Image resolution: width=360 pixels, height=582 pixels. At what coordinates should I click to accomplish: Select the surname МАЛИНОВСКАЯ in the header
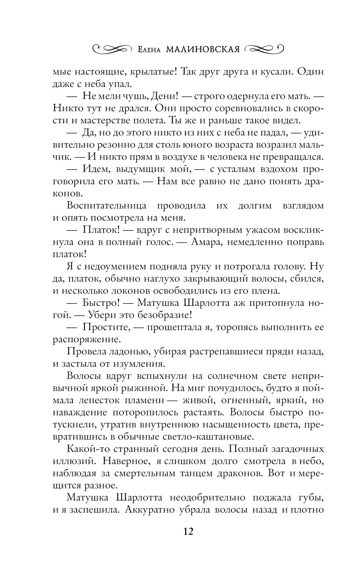203,49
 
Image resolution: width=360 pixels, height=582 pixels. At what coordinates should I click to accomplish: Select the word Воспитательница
107,206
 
